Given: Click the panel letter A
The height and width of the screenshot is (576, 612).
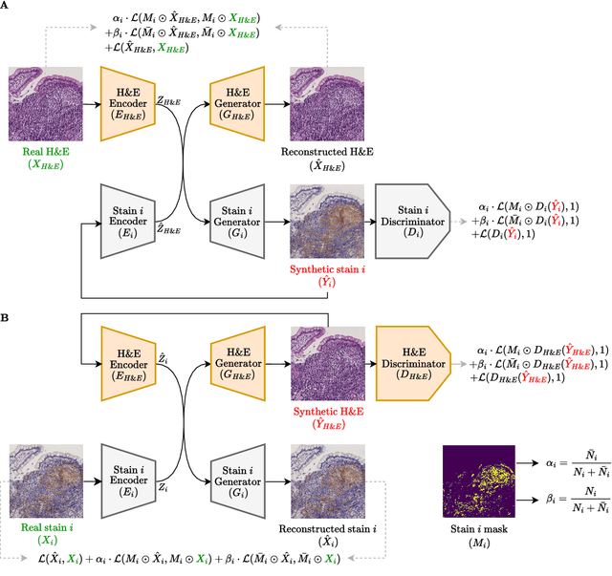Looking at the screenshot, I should click(x=7, y=7).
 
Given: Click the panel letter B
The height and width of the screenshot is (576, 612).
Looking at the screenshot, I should click(x=7, y=312).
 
